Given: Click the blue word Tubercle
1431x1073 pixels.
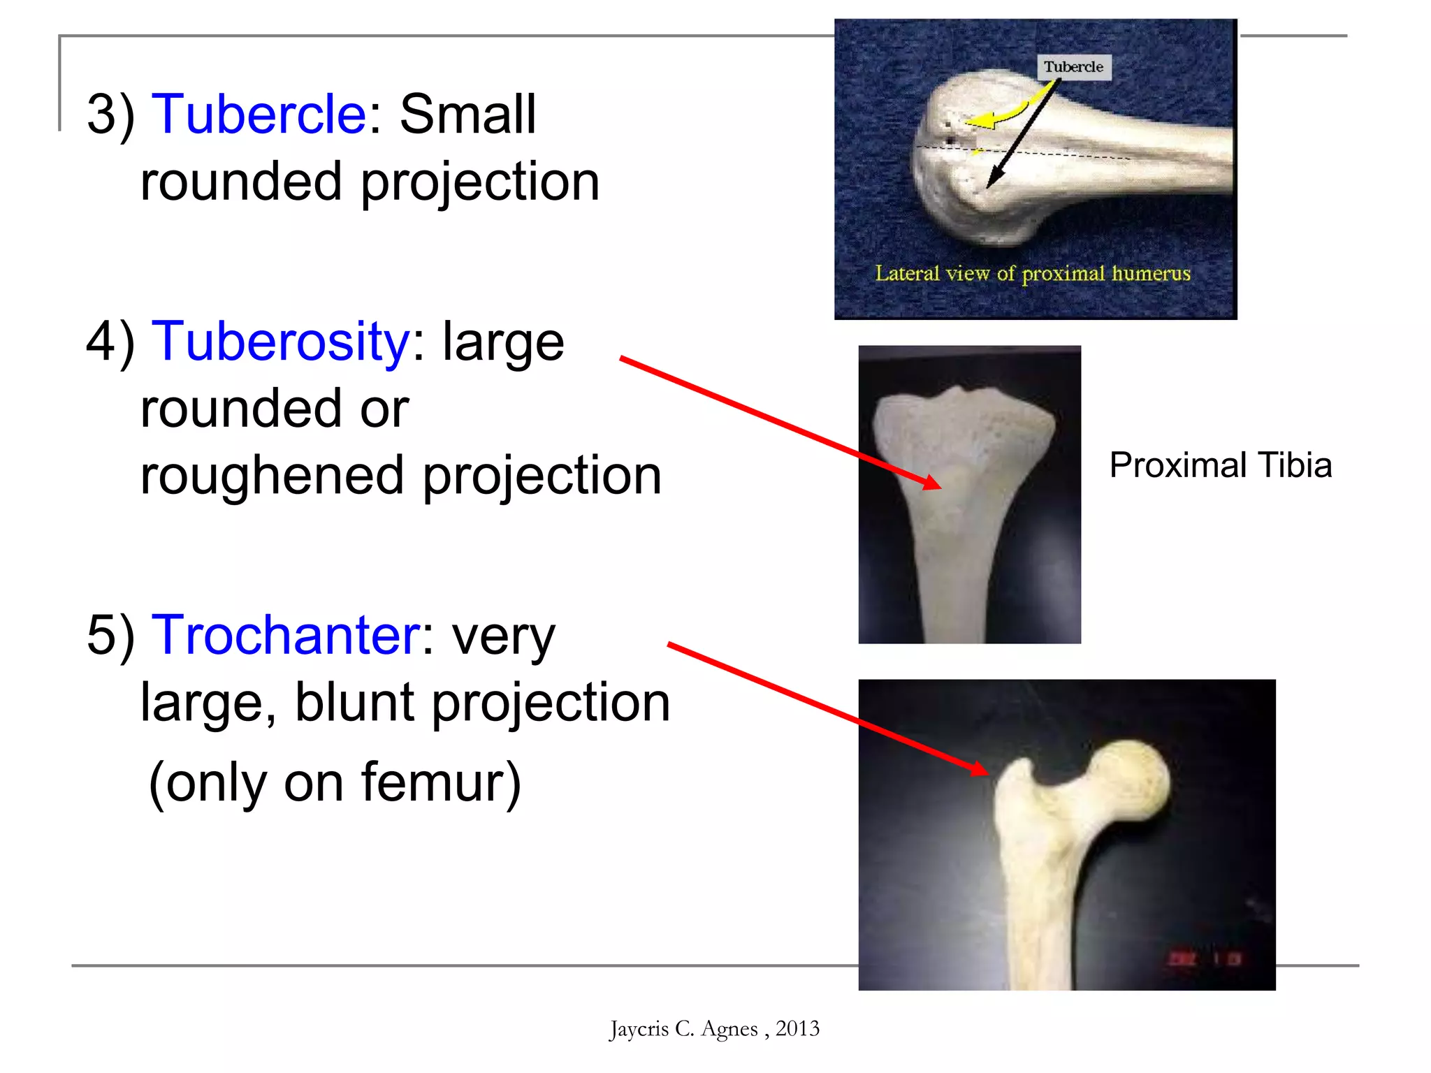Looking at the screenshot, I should pyautogui.click(x=259, y=115).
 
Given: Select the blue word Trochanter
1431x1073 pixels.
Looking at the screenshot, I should pyautogui.click(x=286, y=635).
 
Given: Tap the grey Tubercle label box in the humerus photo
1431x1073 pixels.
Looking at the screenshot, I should pyautogui.click(x=1073, y=67).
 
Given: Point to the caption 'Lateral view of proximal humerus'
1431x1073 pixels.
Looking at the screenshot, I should pyautogui.click(x=1032, y=273).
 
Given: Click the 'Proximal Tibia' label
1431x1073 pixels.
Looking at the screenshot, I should pyautogui.click(x=1220, y=465).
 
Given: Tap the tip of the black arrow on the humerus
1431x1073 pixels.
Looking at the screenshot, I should pyautogui.click(x=988, y=187).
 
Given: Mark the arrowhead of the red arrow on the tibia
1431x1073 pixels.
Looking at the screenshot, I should pyautogui.click(x=935, y=484).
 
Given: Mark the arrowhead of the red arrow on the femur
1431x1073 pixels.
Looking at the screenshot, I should pyautogui.click(x=982, y=771).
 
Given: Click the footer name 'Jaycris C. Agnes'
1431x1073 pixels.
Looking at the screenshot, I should pyautogui.click(x=683, y=1029).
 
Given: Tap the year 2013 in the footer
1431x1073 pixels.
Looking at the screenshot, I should pyautogui.click(x=797, y=1029).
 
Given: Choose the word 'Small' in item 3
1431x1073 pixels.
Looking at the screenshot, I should pyautogui.click(x=467, y=115).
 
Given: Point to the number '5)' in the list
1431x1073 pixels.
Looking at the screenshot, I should pyautogui.click(x=110, y=635).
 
